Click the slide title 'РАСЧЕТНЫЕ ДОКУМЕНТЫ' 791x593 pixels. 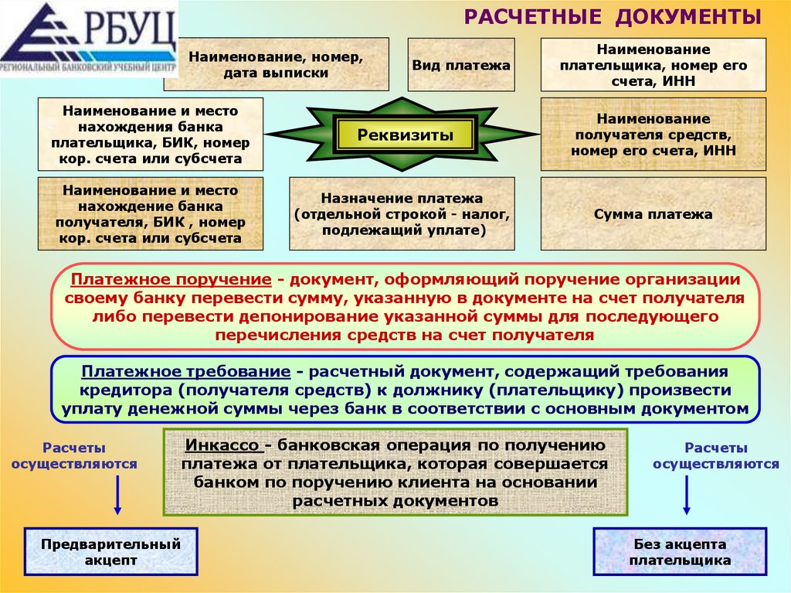(613, 17)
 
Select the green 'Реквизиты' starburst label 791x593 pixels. (405, 135)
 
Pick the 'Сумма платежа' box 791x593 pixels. (653, 214)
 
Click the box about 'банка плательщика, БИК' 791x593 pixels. (150, 135)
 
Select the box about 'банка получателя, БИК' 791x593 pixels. (150, 213)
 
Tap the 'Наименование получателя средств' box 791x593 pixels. (653, 135)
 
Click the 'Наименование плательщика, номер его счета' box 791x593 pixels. (653, 65)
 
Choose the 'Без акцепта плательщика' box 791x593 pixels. (680, 552)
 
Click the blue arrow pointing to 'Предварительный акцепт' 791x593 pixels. (117, 495)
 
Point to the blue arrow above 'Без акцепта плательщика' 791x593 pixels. (686, 495)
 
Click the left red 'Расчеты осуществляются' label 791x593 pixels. (75, 455)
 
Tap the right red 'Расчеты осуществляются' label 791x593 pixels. (715, 455)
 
